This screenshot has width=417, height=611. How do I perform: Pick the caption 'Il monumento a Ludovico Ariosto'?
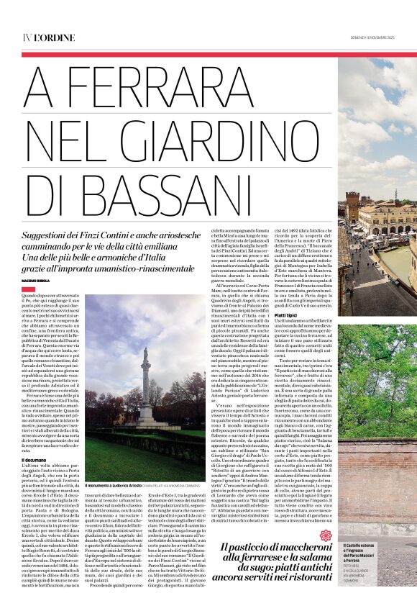coord(115,486)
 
